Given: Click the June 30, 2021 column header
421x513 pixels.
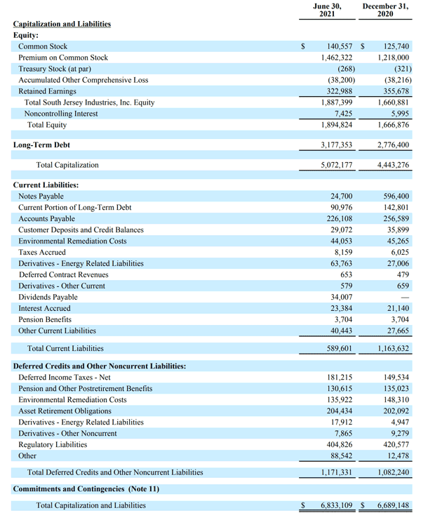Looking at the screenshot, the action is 327,10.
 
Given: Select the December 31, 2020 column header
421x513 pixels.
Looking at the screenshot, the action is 385,10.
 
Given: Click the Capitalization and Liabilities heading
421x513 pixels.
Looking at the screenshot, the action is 62,24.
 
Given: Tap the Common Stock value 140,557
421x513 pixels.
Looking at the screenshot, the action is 340,46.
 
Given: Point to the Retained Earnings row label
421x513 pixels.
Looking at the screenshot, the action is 47,91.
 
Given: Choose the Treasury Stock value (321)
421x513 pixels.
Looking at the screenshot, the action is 403,69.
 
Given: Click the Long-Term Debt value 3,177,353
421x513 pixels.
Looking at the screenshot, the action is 336,145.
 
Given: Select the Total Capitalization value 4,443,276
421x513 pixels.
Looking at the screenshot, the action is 393,165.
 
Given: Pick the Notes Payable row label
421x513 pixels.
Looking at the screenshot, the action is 41,196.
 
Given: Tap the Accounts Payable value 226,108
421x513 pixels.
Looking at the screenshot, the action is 340,218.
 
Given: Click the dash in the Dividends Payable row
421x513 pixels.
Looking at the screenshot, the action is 405,298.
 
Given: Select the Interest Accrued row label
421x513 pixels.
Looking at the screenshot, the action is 44,309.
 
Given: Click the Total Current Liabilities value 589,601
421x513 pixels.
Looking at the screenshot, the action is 339,349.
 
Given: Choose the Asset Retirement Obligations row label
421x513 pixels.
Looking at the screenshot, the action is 65,411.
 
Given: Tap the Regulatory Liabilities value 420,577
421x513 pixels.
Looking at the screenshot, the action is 396,445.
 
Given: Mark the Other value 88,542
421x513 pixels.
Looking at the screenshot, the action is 341,455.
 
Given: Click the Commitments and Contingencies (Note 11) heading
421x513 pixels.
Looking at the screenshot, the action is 86,489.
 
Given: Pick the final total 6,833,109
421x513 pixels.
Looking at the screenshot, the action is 337,505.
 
